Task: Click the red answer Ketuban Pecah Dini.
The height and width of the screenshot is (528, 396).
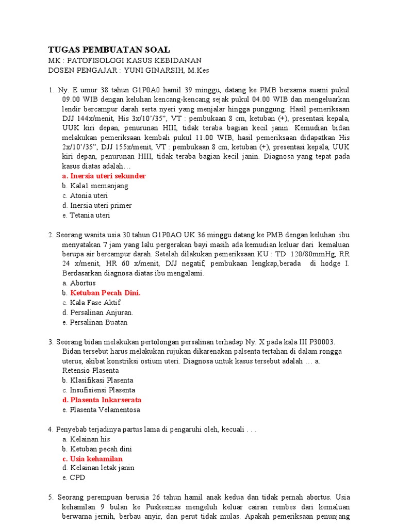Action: [x=105, y=293]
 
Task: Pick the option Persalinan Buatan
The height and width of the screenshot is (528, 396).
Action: [x=98, y=322]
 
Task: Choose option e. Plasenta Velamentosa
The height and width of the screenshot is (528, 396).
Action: [x=105, y=409]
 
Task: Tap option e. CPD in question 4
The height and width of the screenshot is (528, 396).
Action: [x=77, y=477]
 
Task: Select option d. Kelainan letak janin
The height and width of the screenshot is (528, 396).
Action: [x=102, y=468]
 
